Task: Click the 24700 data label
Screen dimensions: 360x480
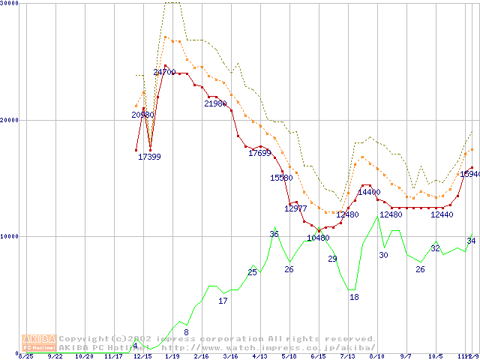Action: point(164,73)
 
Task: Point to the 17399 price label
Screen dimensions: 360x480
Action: point(149,157)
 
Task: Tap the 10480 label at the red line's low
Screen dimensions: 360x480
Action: point(318,238)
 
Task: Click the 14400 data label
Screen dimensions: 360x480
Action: point(369,193)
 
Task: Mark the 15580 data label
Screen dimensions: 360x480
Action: point(281,178)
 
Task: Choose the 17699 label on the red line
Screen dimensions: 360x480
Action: point(259,154)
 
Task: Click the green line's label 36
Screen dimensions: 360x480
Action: point(274,235)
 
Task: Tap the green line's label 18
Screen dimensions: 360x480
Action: point(354,298)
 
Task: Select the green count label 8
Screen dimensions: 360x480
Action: point(186,332)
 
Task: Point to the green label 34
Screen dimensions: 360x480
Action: point(471,241)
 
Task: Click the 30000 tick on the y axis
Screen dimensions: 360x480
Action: point(10,4)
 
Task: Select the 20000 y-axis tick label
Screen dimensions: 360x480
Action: point(10,120)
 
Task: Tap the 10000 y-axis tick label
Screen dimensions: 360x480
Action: point(10,236)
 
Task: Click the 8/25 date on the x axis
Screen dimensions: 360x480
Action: point(25,357)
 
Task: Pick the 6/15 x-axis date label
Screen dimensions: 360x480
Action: point(318,357)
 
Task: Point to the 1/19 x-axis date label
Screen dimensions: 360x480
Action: point(172,357)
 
